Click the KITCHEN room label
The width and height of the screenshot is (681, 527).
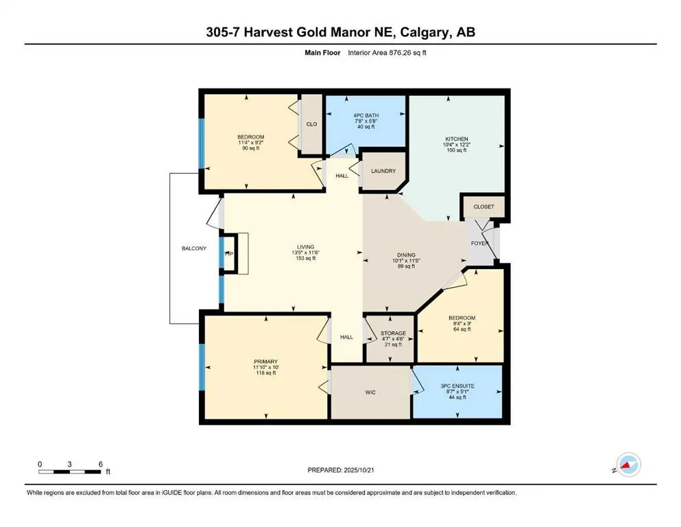(456, 139)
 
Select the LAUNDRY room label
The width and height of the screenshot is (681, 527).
(383, 171)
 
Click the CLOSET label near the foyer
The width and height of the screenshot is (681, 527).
(484, 207)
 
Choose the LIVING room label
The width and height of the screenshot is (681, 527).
(305, 247)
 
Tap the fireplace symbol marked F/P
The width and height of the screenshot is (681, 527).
(229, 255)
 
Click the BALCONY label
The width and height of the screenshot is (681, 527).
(194, 248)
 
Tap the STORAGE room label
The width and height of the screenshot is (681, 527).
(393, 333)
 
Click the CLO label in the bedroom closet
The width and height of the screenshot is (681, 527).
(311, 124)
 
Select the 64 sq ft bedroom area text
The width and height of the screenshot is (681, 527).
(457, 329)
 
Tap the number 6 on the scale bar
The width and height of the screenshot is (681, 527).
(100, 464)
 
